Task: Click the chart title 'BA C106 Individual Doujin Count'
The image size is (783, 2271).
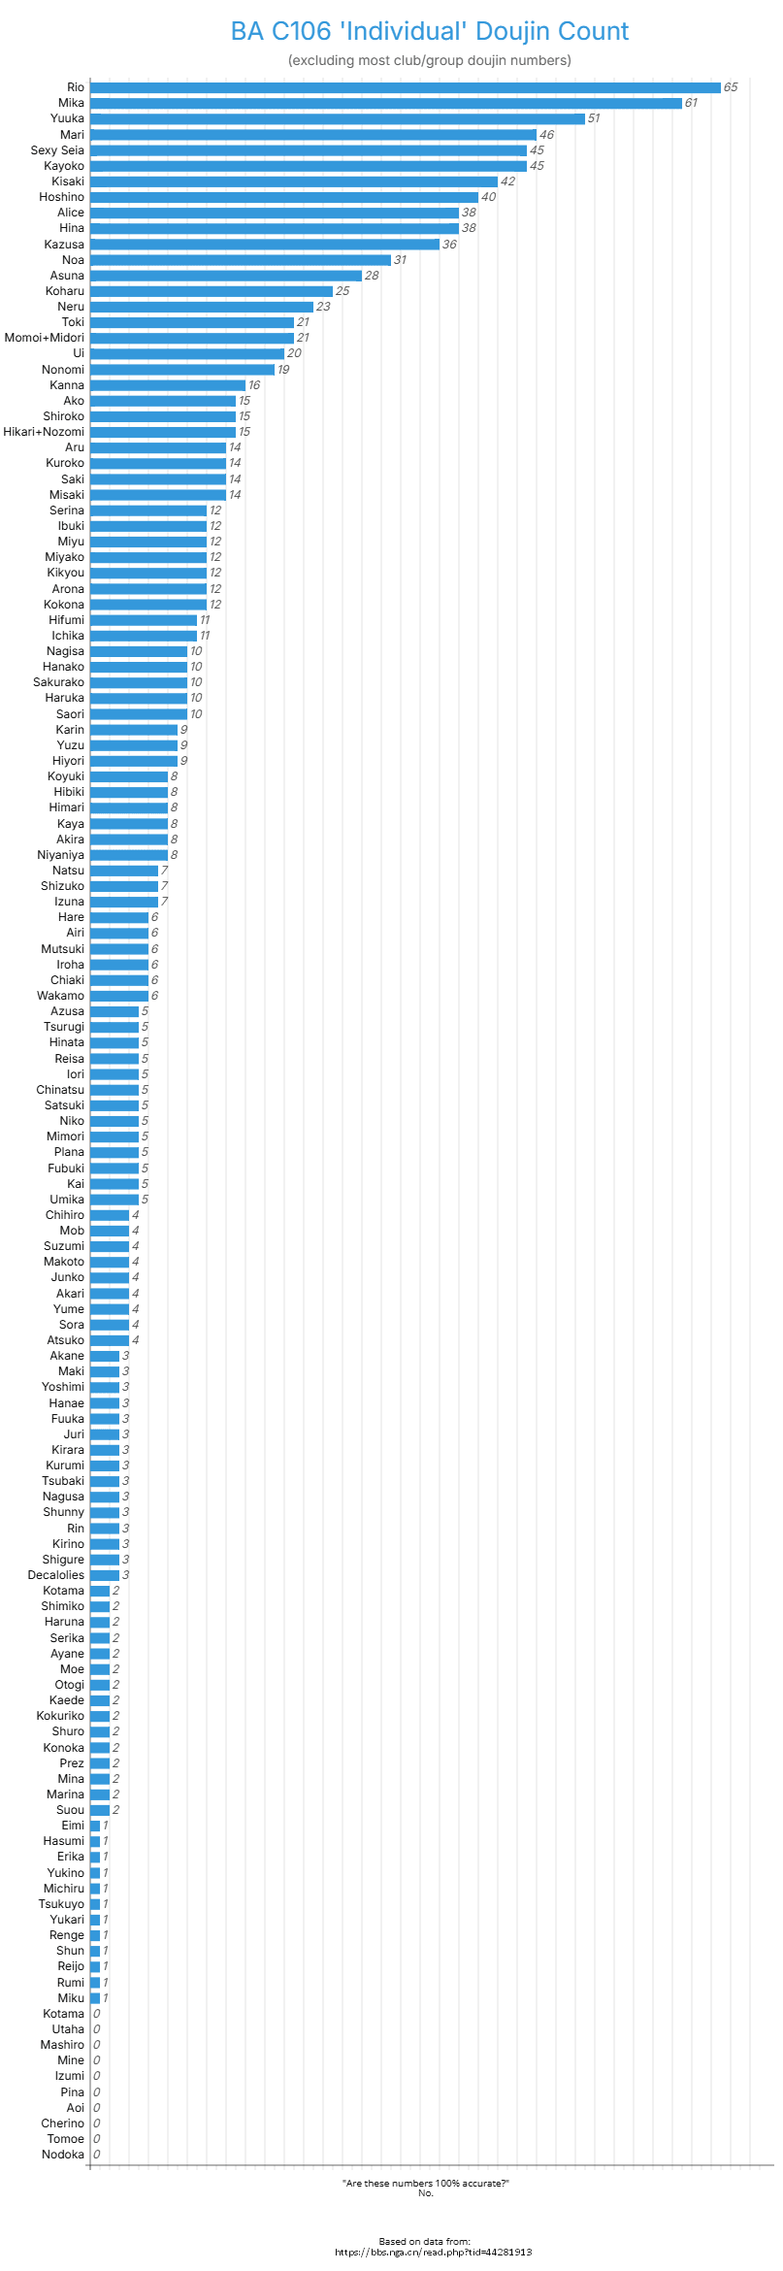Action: (x=429, y=31)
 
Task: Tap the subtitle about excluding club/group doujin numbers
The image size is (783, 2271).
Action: (x=429, y=60)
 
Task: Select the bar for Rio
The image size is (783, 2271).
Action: (x=405, y=87)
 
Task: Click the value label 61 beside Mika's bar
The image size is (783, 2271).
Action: (x=691, y=103)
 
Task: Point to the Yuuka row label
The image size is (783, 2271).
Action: (x=67, y=118)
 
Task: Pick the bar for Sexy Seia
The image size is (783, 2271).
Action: (x=308, y=150)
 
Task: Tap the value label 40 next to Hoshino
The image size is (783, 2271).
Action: (x=488, y=197)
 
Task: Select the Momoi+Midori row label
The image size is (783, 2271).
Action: (x=44, y=338)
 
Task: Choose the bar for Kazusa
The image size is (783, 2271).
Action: (x=264, y=245)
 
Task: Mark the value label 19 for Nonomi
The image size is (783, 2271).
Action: (x=283, y=370)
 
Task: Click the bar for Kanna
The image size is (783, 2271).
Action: (x=167, y=385)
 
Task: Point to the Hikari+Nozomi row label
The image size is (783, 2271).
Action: (x=44, y=432)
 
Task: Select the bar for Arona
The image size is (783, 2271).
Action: (x=147, y=589)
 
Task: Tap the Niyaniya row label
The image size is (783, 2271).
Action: (x=60, y=855)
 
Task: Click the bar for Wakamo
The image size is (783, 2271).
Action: (x=118, y=996)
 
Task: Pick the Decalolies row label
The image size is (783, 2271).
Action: (x=55, y=1575)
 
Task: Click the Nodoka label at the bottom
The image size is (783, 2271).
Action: (x=62, y=2155)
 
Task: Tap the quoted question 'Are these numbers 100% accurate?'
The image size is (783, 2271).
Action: (x=425, y=2183)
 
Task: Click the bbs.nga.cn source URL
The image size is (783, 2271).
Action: (x=433, y=2252)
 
